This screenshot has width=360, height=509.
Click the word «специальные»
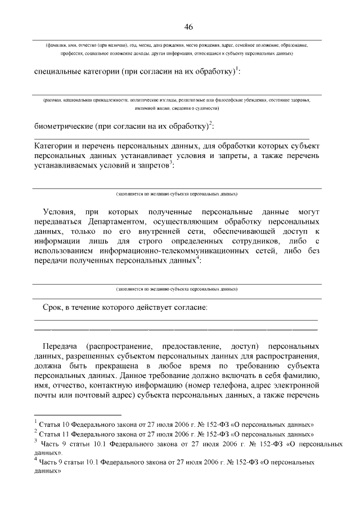[x=59, y=73]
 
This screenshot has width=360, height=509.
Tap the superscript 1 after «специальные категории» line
[x=237, y=69]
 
